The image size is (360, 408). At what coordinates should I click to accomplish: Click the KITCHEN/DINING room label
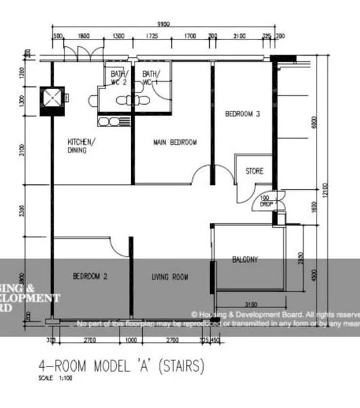pyautogui.click(x=81, y=146)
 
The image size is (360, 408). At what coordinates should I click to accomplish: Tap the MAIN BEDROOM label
pyautogui.click(x=175, y=142)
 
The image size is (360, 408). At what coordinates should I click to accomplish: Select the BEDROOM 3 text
pyautogui.click(x=242, y=114)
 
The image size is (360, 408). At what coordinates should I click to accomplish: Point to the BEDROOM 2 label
pyautogui.click(x=90, y=276)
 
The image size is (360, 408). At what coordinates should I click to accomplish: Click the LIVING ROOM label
pyautogui.click(x=170, y=277)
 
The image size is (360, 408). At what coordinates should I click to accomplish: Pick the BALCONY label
pyautogui.click(x=245, y=259)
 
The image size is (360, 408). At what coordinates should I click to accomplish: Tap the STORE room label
pyautogui.click(x=254, y=171)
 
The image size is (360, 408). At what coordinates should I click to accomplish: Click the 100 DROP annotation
pyautogui.click(x=265, y=201)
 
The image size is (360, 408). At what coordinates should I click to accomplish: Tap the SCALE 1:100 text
pyautogui.click(x=55, y=378)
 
